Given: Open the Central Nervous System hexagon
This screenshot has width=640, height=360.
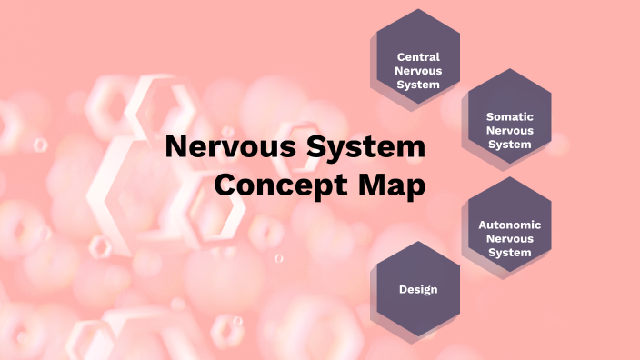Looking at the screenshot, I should (418, 59).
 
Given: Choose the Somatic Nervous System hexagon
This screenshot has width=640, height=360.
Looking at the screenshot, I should (509, 117).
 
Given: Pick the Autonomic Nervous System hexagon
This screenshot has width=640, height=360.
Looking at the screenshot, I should (509, 225).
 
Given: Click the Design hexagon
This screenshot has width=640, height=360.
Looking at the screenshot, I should (418, 289).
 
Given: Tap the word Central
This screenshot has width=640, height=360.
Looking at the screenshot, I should (418, 57).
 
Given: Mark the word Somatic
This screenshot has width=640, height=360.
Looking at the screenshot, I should (509, 116).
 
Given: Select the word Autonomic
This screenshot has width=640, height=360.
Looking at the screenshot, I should (510, 225).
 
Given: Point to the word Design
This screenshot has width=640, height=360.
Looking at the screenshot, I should (418, 289).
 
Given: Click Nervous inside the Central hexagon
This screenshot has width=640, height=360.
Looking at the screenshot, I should (418, 71).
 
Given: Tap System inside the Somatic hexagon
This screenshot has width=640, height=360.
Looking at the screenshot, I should (509, 144).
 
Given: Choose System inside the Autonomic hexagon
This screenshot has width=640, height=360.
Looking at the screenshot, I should (509, 252).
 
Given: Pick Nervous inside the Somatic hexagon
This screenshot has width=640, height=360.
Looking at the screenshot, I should (509, 130).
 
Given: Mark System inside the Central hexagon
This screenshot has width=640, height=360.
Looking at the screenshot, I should (418, 85).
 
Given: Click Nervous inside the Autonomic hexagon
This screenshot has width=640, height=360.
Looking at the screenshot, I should (509, 238).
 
